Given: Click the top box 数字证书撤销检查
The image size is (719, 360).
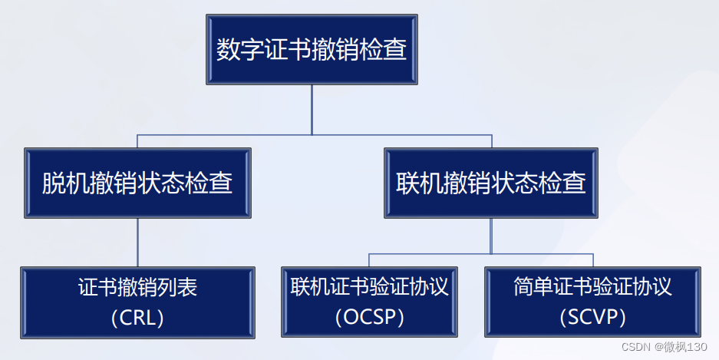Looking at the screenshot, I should point(312,49).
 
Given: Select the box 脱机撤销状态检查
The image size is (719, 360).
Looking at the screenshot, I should point(137,183).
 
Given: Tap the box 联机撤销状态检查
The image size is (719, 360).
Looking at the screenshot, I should point(491,183).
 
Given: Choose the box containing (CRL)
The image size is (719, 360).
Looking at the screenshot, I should point(137,302).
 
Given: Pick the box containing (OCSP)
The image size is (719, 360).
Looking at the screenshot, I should point(369,302).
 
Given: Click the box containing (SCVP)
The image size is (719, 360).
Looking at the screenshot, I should point(592,302).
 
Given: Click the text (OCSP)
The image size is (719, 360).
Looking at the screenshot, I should point(369,316).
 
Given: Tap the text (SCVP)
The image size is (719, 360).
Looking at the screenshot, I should point(592,316).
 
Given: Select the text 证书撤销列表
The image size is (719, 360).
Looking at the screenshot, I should point(137,288).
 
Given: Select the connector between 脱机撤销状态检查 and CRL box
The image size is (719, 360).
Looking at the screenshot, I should point(137,242).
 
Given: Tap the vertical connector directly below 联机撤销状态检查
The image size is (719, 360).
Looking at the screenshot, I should point(491,234).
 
